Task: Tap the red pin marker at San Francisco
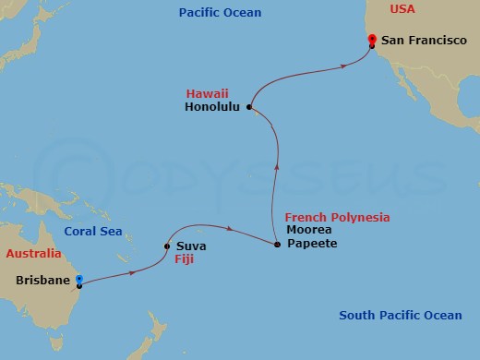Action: pos(371,40)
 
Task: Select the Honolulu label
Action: pos(211,107)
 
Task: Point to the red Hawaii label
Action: pos(207,93)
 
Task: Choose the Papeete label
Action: pos(311,244)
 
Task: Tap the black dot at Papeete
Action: pos(278,245)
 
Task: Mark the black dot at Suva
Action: pos(166,246)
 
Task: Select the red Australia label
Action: pos(33,253)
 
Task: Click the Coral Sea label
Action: pos(94,231)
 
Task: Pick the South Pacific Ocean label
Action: pos(400,316)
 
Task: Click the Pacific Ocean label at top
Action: pos(221,13)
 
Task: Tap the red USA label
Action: pos(402,8)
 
